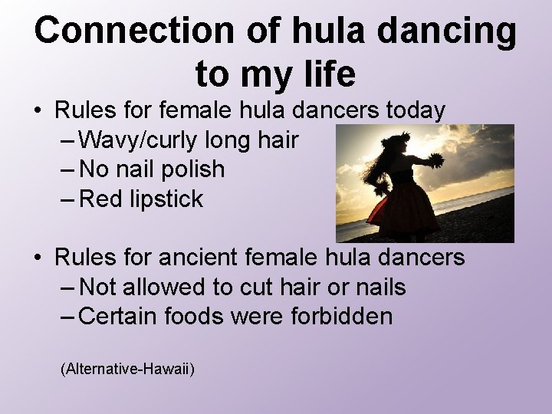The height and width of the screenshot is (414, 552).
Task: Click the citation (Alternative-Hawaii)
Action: pos(127,370)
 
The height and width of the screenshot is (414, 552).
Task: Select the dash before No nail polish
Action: pos(66,170)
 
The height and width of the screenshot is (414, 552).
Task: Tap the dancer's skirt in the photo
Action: pos(392,211)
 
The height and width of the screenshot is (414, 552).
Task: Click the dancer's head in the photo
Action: pos(396,145)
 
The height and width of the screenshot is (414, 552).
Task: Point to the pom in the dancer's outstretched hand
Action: pos(435,160)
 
